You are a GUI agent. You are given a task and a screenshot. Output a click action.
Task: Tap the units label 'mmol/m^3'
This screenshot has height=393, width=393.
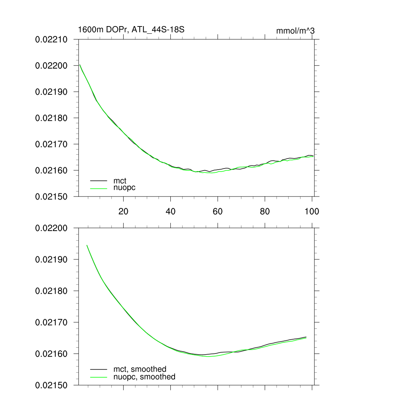[295, 31]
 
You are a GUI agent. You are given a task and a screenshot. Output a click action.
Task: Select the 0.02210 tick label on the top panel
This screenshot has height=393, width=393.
[51, 40]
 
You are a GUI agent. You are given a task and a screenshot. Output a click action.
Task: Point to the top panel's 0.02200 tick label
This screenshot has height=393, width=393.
[51, 66]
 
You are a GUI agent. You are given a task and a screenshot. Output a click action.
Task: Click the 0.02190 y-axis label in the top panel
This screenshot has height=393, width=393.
[51, 92]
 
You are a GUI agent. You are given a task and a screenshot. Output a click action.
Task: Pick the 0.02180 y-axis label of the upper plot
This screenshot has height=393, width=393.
[51, 118]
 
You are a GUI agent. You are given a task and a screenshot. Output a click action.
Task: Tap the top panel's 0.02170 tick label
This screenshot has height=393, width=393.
[51, 144]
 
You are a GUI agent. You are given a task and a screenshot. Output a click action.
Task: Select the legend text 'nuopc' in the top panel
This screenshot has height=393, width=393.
[124, 188]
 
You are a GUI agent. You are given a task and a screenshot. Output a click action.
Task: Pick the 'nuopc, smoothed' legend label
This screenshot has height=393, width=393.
[144, 376]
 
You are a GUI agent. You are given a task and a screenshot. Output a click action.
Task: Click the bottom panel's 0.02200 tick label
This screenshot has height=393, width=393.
[51, 228]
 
